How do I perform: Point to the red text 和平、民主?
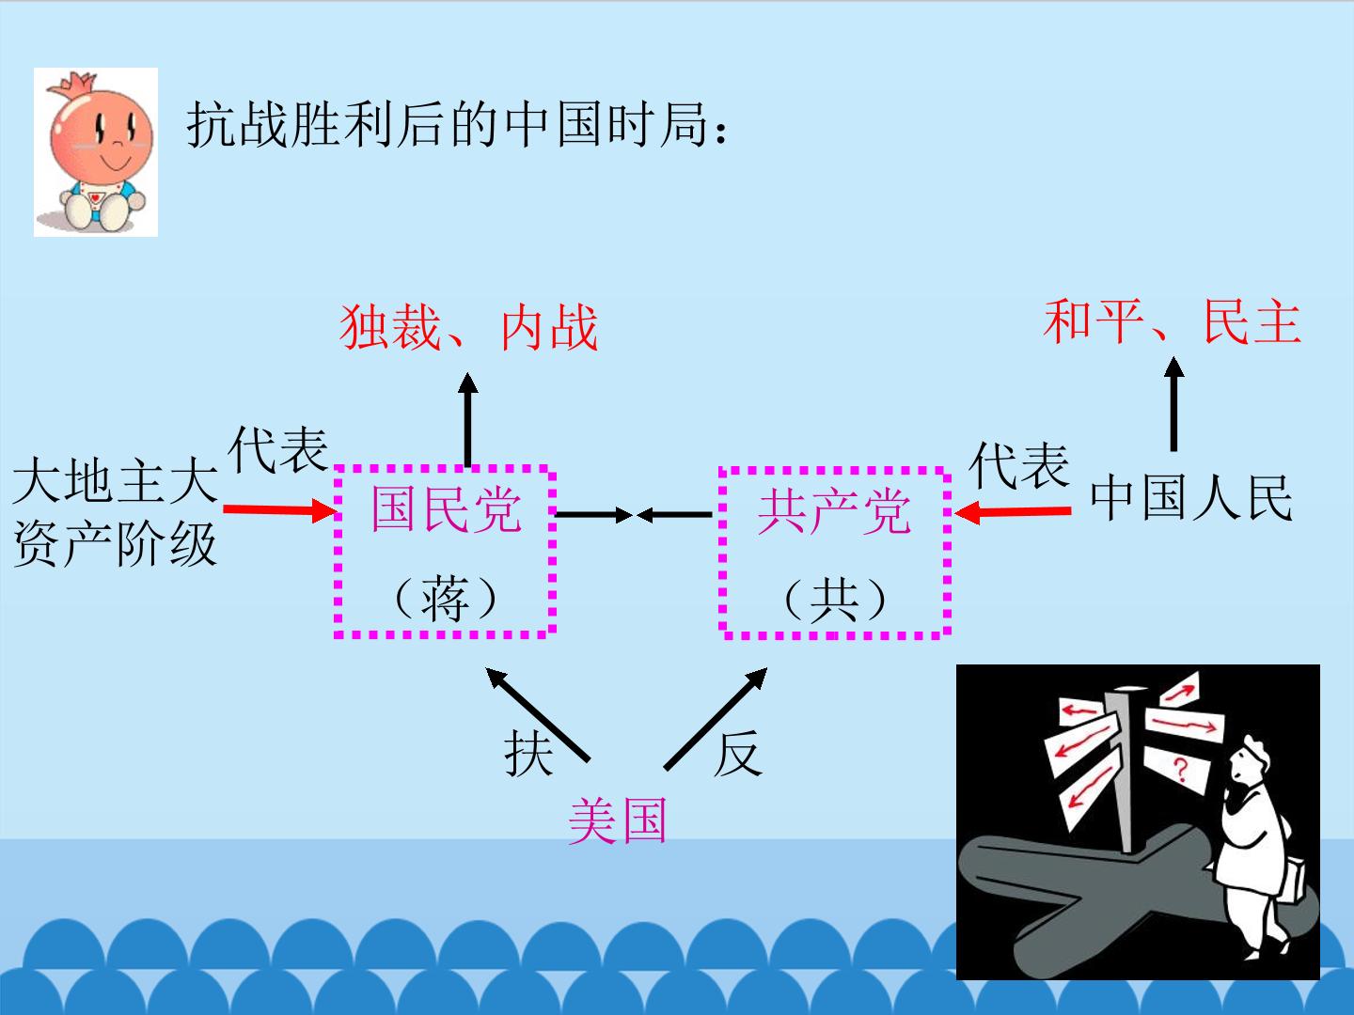coord(1172,321)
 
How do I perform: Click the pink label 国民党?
coord(446,509)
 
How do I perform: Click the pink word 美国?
coord(618,820)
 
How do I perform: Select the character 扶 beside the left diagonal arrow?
coord(528,753)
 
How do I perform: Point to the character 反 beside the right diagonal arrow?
coord(738,753)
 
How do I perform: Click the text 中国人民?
coord(1191,497)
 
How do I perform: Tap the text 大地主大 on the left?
coord(116,480)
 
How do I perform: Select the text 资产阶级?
coord(116,543)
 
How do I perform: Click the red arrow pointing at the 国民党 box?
coord(280,509)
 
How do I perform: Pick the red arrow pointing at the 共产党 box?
coord(1013,512)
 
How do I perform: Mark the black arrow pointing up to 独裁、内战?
coord(468,419)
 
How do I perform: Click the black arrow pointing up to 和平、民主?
coord(1173,404)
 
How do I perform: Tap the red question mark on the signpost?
coord(1180,770)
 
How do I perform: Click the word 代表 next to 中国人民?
coord(1019,465)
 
